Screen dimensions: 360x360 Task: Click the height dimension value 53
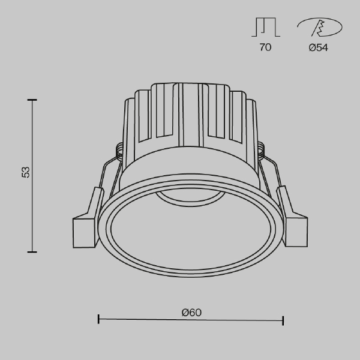(x=25, y=172)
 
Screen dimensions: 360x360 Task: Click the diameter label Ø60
(x=191, y=312)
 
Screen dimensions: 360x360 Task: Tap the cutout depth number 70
(x=265, y=47)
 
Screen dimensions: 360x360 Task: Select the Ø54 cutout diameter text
(x=318, y=47)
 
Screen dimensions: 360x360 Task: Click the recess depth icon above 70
(x=265, y=28)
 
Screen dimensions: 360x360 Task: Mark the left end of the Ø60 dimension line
(x=98, y=320)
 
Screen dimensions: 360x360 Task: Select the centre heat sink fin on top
(x=190, y=114)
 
